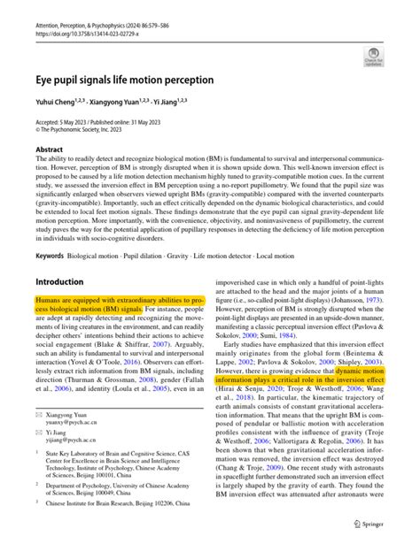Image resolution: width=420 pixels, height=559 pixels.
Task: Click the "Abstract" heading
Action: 49,150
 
